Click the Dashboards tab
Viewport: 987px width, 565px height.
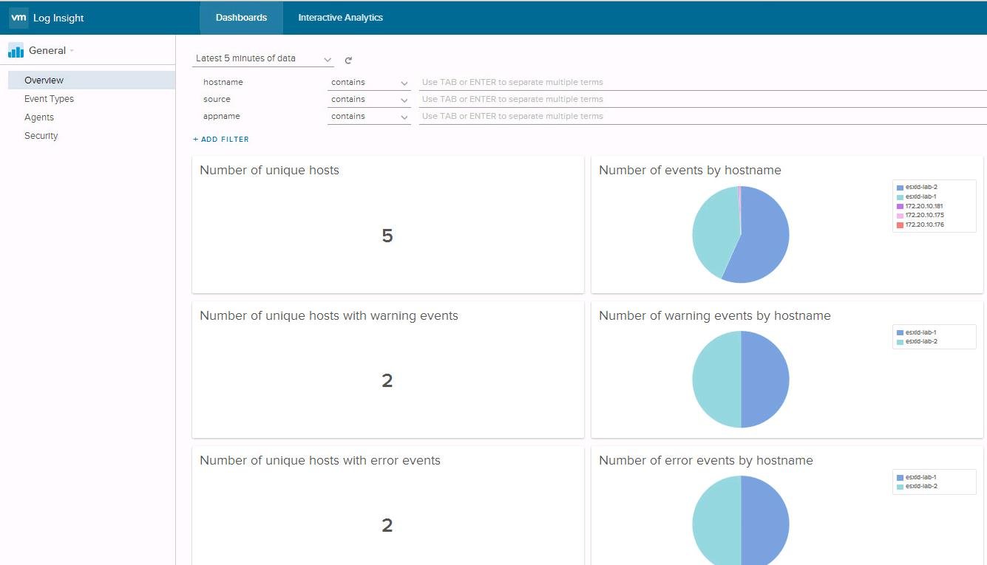(241, 18)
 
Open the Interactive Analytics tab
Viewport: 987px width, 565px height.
(340, 18)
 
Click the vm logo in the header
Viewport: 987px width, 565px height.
(18, 18)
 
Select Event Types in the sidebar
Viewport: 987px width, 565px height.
(49, 99)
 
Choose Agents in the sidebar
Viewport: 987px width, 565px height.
(39, 117)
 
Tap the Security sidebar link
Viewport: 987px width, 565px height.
(41, 136)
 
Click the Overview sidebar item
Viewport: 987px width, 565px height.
(44, 81)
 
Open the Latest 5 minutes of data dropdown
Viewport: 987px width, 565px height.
(263, 59)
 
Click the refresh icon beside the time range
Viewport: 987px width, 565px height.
(348, 61)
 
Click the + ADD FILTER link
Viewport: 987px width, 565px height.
(221, 139)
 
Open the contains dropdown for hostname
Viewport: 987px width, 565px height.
(369, 83)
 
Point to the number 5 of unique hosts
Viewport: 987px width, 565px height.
(387, 236)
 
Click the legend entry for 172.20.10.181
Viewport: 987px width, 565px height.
(923, 206)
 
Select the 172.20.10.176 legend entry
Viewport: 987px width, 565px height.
(923, 225)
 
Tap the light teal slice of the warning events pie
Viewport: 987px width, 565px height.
(716, 379)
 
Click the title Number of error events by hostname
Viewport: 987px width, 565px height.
(705, 461)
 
